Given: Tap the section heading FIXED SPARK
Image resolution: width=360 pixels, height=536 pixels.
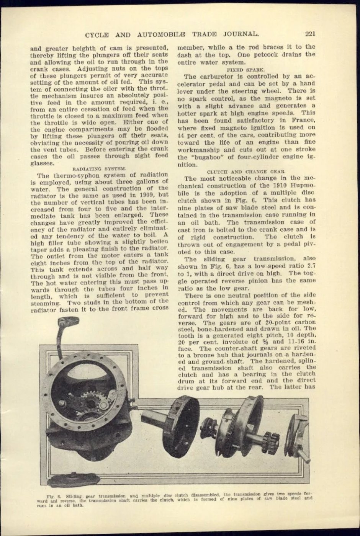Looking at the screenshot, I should (x=245, y=70).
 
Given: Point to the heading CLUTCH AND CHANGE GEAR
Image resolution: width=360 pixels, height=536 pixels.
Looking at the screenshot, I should (x=245, y=172).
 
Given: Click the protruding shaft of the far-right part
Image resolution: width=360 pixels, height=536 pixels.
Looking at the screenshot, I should (x=304, y=456).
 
